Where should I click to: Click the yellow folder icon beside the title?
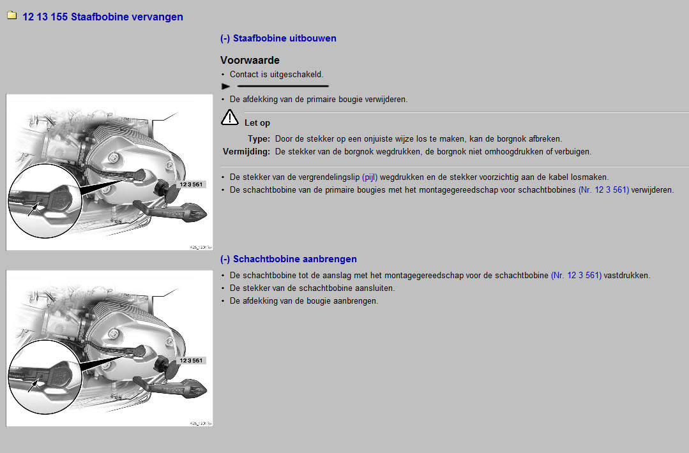tap(11, 16)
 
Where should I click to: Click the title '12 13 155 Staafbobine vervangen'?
tap(103, 17)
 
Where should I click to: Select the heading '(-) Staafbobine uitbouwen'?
tap(278, 38)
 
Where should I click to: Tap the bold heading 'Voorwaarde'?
tap(250, 61)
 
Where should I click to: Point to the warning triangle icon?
tap(230, 117)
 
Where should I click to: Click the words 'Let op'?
tap(257, 123)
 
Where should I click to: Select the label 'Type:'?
tap(259, 138)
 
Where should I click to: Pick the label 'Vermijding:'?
tap(246, 152)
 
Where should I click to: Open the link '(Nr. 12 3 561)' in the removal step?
tap(603, 189)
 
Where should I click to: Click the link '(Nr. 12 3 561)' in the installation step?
tap(576, 276)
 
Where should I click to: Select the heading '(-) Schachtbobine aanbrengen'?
tap(288, 259)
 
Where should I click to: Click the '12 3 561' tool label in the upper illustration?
tap(191, 184)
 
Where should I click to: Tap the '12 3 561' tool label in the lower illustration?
tap(191, 360)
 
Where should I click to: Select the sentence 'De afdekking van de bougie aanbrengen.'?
tap(304, 301)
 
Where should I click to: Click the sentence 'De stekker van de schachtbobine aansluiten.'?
tap(312, 288)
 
